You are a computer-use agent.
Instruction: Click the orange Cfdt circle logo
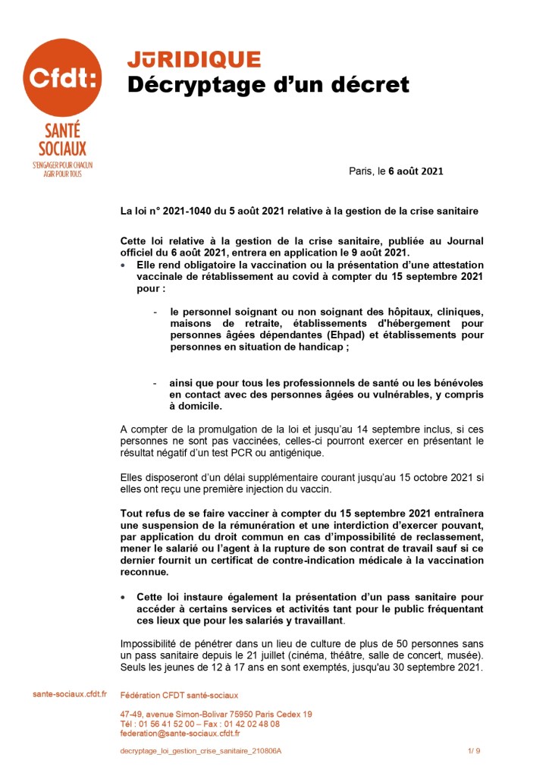tap(62, 77)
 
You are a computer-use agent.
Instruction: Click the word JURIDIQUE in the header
tap(193, 60)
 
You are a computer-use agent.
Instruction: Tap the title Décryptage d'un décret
tap(268, 85)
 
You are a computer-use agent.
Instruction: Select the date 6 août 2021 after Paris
tap(416, 171)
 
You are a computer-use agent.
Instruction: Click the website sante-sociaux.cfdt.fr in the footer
tap(70, 694)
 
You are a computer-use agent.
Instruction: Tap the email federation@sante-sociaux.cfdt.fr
tap(180, 734)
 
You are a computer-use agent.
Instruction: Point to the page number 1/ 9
tap(474, 751)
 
